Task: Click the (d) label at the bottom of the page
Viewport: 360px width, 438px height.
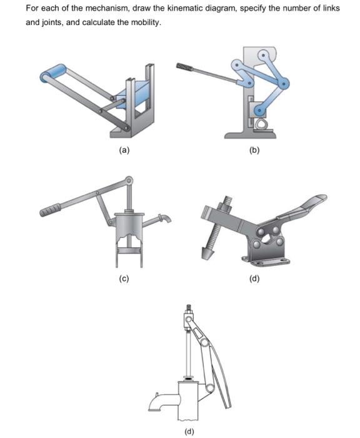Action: coord(189,431)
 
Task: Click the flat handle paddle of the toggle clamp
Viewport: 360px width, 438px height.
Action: coord(309,205)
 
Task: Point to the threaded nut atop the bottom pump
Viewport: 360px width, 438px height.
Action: coord(186,309)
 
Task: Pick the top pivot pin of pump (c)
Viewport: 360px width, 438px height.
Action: coord(130,181)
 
